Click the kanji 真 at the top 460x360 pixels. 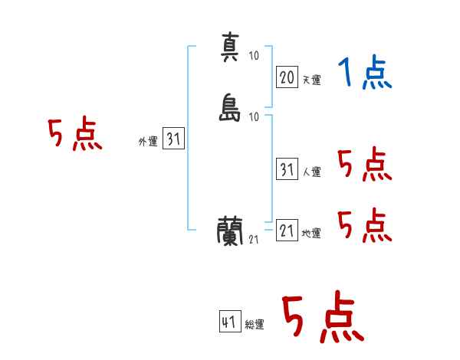point(230,47)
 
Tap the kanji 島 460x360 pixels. point(230,107)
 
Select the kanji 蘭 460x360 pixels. point(230,231)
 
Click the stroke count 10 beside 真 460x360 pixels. point(254,56)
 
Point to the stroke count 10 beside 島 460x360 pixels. point(254,117)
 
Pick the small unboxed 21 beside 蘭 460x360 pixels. point(254,240)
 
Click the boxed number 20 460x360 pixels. point(287,77)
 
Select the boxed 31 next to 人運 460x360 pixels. point(287,169)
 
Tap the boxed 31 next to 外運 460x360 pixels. point(174,138)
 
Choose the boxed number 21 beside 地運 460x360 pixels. point(287,230)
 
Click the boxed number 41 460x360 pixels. point(230,322)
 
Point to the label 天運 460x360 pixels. point(311,80)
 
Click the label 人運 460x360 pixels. point(311,172)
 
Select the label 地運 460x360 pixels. point(311,234)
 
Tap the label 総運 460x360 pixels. point(255,325)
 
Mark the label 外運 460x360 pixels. point(148,142)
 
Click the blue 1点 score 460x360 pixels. point(365,72)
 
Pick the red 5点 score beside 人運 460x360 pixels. point(365,164)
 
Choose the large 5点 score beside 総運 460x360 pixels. point(324,316)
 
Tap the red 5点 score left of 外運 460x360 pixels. point(75,133)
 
